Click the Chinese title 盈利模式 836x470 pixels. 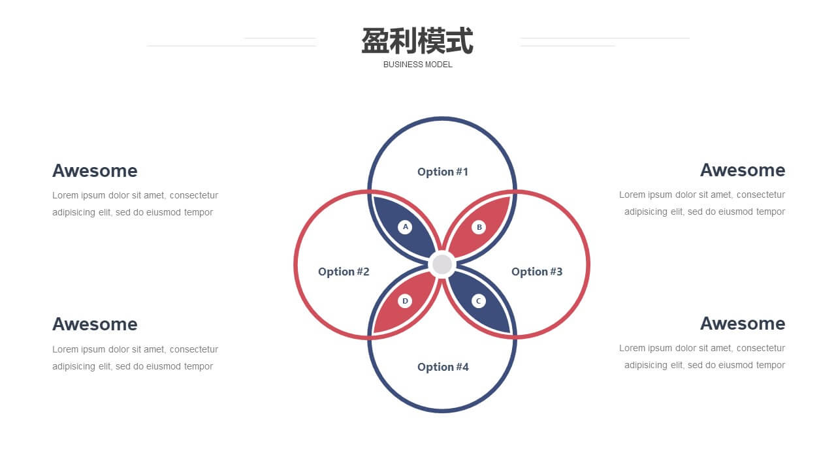417,40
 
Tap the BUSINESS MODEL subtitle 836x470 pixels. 417,65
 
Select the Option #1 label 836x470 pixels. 443,172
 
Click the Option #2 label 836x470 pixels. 344,272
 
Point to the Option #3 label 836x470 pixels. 537,272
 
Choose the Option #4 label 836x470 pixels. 443,367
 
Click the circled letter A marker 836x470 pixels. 405,227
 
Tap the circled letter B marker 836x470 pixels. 479,227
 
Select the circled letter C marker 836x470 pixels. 479,301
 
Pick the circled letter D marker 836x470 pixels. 405,301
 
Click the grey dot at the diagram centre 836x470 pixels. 442,264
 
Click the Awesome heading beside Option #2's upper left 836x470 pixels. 95,171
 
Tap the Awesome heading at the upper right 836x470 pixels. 743,170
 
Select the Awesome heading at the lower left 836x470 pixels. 95,324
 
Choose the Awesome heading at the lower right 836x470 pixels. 743,323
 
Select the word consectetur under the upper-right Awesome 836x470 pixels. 761,195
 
